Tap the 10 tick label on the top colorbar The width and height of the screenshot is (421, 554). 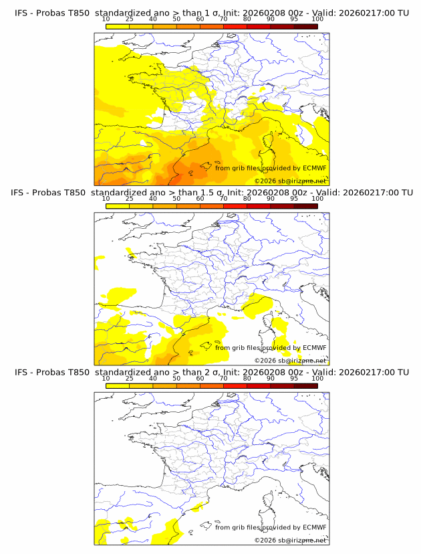(106, 19)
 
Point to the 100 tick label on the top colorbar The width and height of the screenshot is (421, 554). (317, 19)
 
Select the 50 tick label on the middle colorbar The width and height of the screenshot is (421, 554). (176, 199)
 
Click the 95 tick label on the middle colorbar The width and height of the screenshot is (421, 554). (294, 199)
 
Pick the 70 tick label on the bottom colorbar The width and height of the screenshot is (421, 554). (223, 378)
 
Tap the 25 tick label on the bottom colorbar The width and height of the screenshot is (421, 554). (129, 378)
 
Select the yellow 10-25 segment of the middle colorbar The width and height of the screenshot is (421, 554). (118, 205)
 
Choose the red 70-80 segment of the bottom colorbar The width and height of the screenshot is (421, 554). (235, 385)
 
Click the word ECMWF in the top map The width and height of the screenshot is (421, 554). (314, 168)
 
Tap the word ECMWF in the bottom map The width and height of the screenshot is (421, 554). (314, 527)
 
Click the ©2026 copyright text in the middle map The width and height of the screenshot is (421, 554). (265, 361)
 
